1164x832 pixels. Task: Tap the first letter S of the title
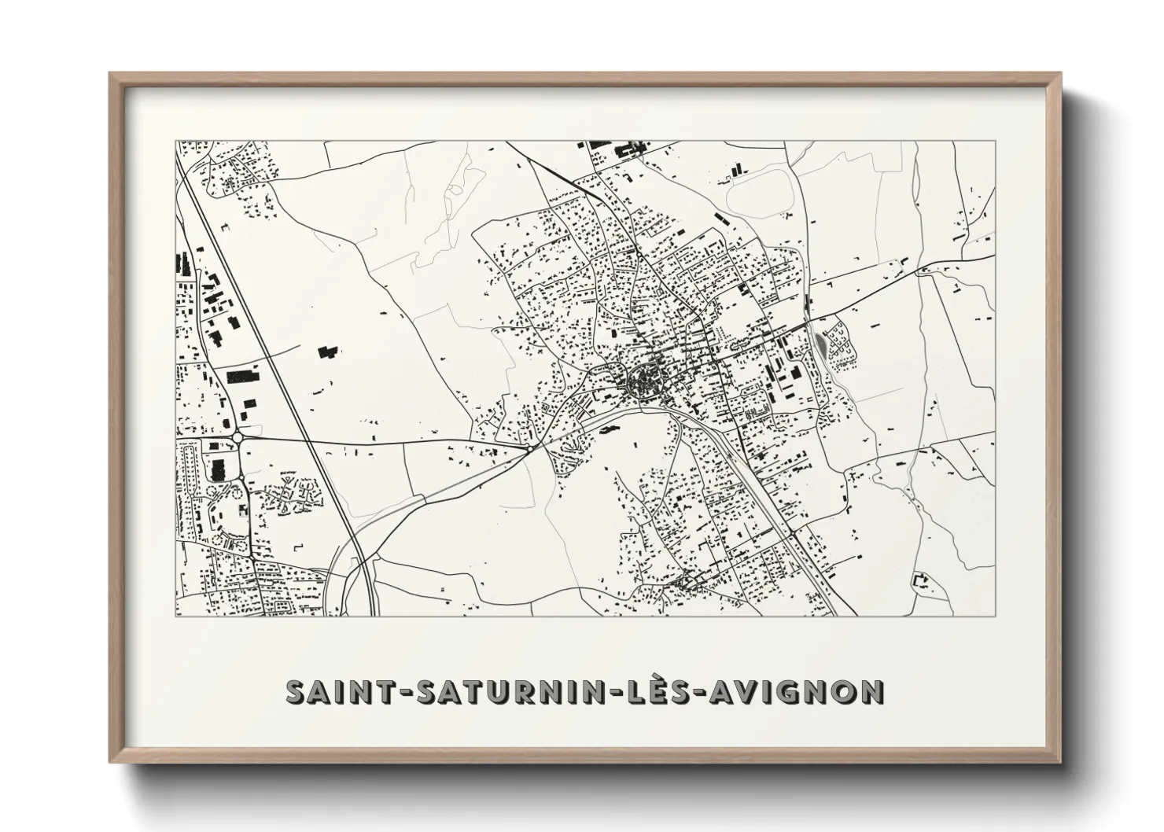point(297,692)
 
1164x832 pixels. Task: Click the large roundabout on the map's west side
point(237,436)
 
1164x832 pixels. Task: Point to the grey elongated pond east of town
point(822,344)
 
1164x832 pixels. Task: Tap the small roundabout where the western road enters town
point(532,447)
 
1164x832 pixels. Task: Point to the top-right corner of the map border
point(996,142)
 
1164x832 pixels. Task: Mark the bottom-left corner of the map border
point(175,616)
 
